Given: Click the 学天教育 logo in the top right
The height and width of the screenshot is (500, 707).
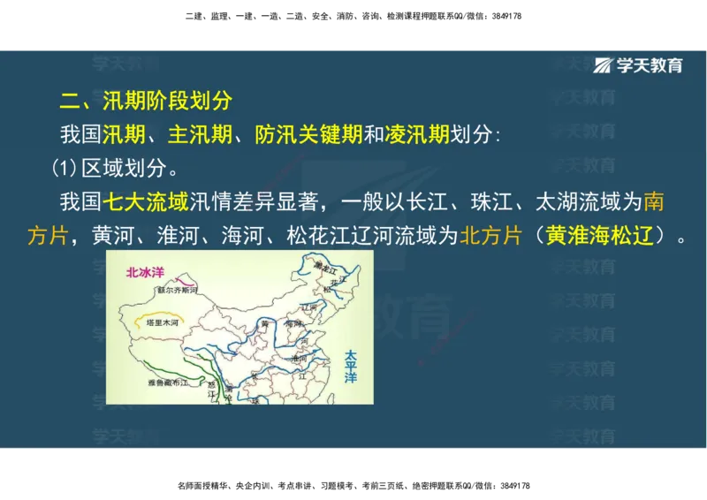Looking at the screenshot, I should [x=638, y=64].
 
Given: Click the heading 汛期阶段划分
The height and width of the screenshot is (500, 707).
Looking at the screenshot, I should [x=167, y=101].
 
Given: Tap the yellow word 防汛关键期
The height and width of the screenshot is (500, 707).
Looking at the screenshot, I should [x=308, y=135].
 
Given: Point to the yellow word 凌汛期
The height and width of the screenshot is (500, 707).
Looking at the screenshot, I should [x=417, y=135].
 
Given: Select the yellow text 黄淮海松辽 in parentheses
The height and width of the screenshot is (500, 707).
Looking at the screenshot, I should [x=604, y=236].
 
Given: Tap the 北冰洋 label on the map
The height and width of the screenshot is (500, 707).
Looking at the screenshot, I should [x=145, y=273].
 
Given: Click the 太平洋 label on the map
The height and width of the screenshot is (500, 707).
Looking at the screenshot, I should [x=351, y=366].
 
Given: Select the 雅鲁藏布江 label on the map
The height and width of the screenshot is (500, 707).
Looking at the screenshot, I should [x=167, y=383].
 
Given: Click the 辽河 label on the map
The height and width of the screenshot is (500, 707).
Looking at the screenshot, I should [x=309, y=307].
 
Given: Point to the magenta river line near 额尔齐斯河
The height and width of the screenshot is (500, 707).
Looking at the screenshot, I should [x=181, y=280].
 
